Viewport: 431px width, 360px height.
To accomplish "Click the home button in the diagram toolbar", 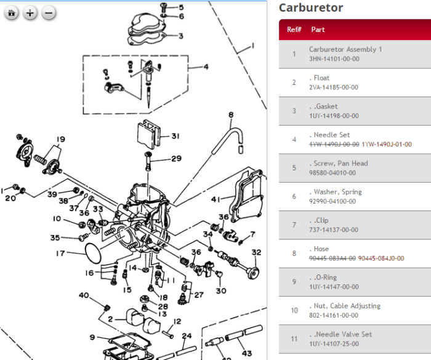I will click(x=12, y=12).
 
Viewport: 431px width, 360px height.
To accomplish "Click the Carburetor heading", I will click(x=310, y=8).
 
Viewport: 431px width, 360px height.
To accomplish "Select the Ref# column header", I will click(x=294, y=30).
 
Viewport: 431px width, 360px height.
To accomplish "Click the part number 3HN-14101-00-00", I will click(x=334, y=59).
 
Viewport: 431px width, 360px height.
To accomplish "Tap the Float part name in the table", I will click(x=321, y=78).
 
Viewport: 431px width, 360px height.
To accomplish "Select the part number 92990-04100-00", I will click(x=333, y=201).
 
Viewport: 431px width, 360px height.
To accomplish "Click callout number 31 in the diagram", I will click(x=175, y=136).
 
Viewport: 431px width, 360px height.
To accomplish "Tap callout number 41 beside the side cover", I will click(x=216, y=199).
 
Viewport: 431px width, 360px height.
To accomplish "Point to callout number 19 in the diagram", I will click(x=60, y=139).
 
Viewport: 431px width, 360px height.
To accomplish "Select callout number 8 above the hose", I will click(x=231, y=114).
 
